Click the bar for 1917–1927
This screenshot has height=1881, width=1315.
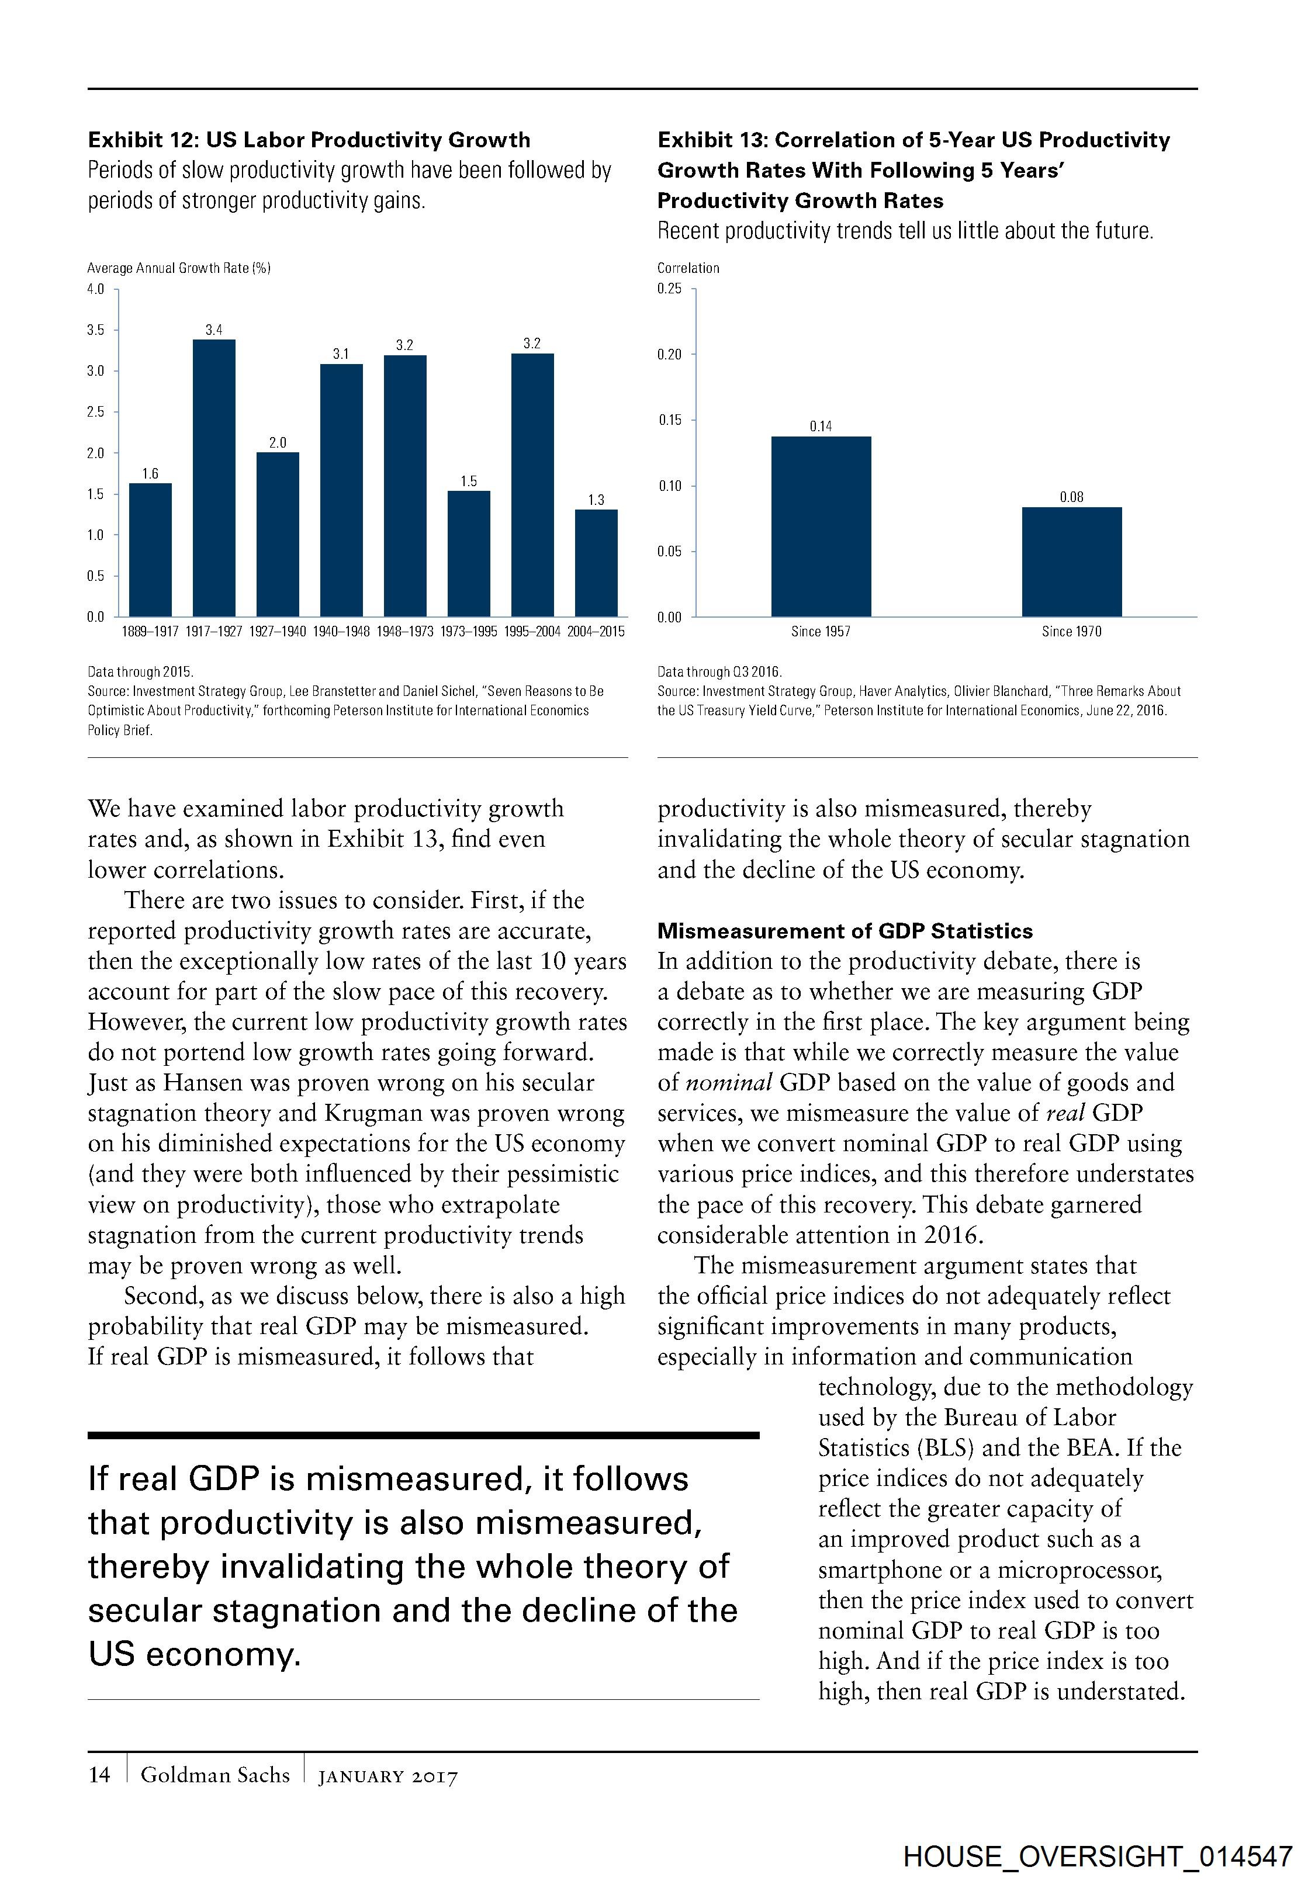point(214,477)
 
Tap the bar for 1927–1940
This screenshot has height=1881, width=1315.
point(278,534)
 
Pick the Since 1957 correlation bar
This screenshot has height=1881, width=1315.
point(821,526)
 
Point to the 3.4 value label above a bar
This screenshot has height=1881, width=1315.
point(214,330)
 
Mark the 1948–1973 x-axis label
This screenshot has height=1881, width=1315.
point(405,632)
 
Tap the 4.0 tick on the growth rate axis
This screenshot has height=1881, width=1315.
point(96,289)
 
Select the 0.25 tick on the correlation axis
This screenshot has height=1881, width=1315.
point(669,289)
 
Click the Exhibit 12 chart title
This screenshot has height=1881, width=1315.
point(309,140)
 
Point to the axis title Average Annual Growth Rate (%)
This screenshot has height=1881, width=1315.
point(179,268)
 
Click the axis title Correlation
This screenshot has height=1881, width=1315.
point(688,268)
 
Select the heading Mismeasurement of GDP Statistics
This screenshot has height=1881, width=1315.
point(845,931)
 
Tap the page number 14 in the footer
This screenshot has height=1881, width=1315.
point(99,1775)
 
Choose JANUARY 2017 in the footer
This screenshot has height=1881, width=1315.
point(388,1776)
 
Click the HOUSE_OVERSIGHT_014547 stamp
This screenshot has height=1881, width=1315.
point(1098,1856)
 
